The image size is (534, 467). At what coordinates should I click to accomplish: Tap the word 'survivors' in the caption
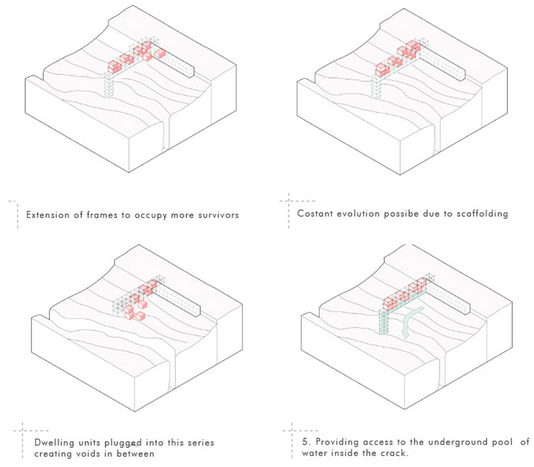(219, 215)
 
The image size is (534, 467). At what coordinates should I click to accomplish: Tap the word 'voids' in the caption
(100, 454)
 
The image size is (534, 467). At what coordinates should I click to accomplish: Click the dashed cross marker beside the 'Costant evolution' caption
(289, 201)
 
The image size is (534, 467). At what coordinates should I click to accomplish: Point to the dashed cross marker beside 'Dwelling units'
(23, 431)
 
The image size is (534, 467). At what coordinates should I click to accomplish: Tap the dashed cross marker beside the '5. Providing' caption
(292, 431)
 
